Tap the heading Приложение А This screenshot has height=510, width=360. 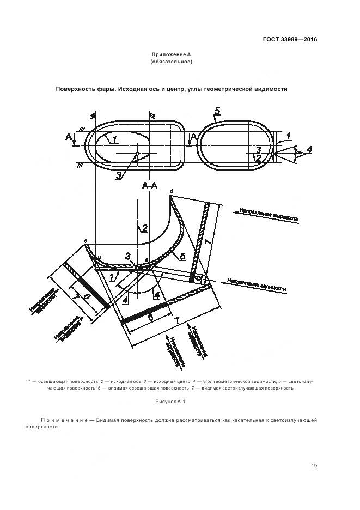click(x=171, y=55)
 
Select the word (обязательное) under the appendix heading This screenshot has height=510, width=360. click(x=171, y=62)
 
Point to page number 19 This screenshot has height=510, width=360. click(x=314, y=465)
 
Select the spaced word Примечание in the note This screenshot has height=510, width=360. click(x=64, y=420)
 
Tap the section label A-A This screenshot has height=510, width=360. click(x=150, y=186)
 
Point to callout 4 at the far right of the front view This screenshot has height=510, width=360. click(x=309, y=149)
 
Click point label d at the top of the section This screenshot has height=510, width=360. click(x=171, y=190)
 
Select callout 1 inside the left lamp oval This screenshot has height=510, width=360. click(x=115, y=140)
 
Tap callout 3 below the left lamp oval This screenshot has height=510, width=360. click(x=118, y=174)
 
